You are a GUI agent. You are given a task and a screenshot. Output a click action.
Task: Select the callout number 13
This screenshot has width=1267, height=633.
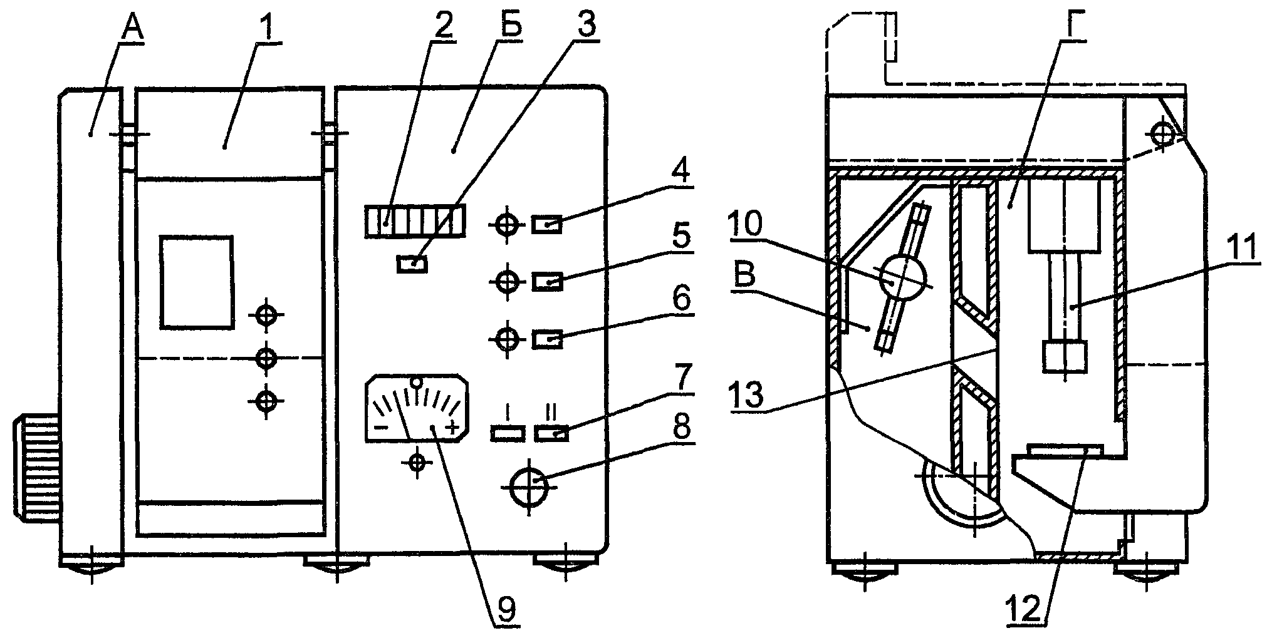pyautogui.click(x=749, y=394)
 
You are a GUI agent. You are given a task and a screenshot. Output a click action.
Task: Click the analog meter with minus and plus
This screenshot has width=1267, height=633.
pyautogui.click(x=414, y=409)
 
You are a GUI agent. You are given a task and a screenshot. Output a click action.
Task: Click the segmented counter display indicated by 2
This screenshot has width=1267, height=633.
pyautogui.click(x=414, y=220)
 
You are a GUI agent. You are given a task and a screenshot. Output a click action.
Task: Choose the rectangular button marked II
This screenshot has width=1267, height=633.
pyautogui.click(x=551, y=433)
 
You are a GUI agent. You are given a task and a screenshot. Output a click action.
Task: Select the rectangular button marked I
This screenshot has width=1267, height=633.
pyautogui.click(x=508, y=433)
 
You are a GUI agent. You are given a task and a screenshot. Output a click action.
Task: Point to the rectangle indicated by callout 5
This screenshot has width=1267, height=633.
pyautogui.click(x=547, y=282)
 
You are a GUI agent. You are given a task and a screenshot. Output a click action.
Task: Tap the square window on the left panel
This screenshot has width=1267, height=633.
pyautogui.click(x=196, y=282)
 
